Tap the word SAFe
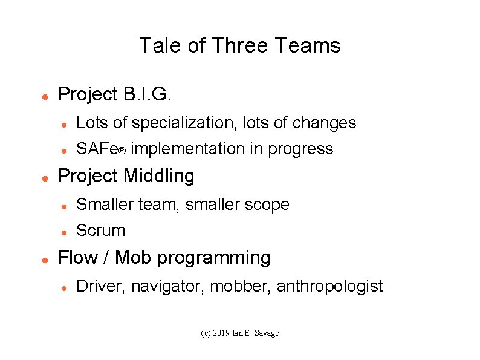click(96, 149)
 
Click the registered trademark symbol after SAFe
click(122, 151)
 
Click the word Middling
click(159, 176)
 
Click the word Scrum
click(101, 231)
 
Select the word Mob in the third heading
click(131, 258)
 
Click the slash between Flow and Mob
click(106, 258)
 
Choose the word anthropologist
click(329, 286)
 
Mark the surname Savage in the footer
click(267, 333)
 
